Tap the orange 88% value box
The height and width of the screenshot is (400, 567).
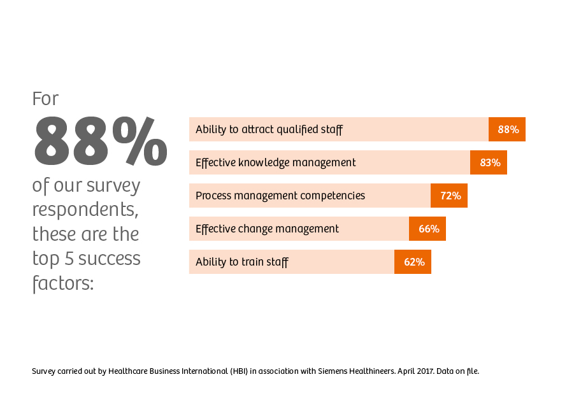[x=507, y=129]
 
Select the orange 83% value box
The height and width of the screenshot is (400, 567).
[x=489, y=162]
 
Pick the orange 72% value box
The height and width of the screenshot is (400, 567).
[x=449, y=196]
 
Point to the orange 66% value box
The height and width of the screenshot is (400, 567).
[x=427, y=229]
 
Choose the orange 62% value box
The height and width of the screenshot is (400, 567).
[x=413, y=262]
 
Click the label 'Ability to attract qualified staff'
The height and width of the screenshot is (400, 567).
[x=269, y=129]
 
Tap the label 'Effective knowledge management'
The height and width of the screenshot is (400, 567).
[x=275, y=162]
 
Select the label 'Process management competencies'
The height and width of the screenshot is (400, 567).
[x=280, y=196]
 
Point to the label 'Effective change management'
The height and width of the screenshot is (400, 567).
[x=267, y=229]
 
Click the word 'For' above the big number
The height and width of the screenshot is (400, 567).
[x=45, y=99]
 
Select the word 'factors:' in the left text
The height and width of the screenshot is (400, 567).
[x=62, y=282]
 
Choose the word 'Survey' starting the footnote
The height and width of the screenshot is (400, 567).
[x=43, y=371]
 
